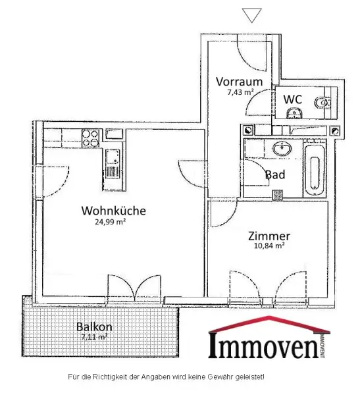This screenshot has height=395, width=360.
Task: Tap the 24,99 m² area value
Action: point(110,223)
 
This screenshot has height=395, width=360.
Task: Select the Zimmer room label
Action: point(269,235)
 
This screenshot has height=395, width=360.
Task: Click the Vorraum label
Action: point(240,82)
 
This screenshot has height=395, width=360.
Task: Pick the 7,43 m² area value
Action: point(240,92)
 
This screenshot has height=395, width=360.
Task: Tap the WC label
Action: point(293,99)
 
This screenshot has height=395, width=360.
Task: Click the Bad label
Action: point(274,175)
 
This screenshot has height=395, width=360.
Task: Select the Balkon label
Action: point(93,327)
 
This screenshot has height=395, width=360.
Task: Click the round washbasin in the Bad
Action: point(284,147)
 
